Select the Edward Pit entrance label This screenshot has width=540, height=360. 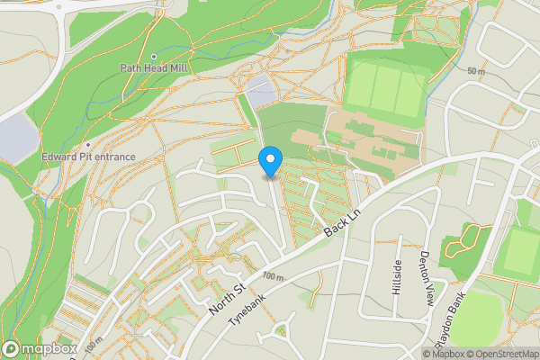point(89,157)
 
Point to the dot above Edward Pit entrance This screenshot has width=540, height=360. point(89,145)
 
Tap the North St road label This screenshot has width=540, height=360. point(227,298)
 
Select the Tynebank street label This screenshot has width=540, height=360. point(248,310)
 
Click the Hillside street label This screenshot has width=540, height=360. point(397,277)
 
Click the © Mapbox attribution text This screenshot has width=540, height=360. point(454,353)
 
